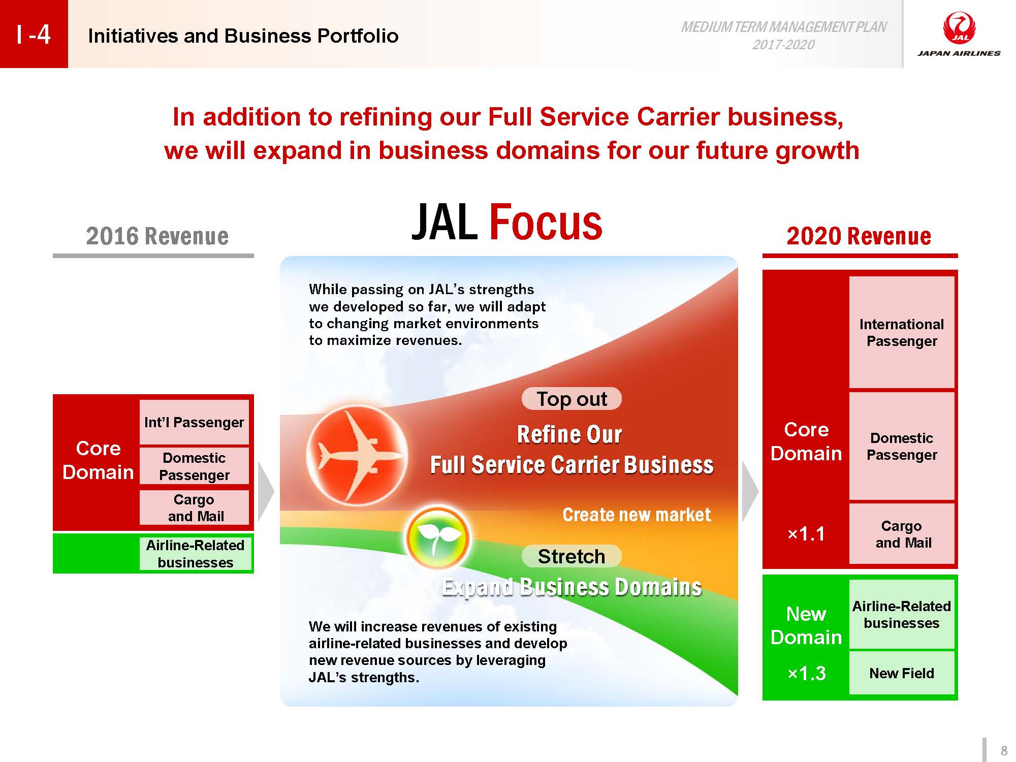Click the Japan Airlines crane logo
959,28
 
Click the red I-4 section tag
34,34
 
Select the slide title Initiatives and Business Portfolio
243,36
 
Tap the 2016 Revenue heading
157,236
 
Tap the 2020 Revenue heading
859,236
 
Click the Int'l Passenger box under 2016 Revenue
194,422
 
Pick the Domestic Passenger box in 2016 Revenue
194,466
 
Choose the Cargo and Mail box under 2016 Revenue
194,507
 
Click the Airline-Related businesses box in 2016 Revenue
195,553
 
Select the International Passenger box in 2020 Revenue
902,332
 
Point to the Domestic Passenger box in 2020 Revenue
902,446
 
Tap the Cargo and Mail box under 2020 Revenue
902,533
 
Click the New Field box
902,673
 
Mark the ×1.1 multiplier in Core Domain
806,534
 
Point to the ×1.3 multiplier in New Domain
806,673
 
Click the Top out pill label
571,399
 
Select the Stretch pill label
571,556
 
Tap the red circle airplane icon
357,456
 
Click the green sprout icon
438,537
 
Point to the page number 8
1004,750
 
